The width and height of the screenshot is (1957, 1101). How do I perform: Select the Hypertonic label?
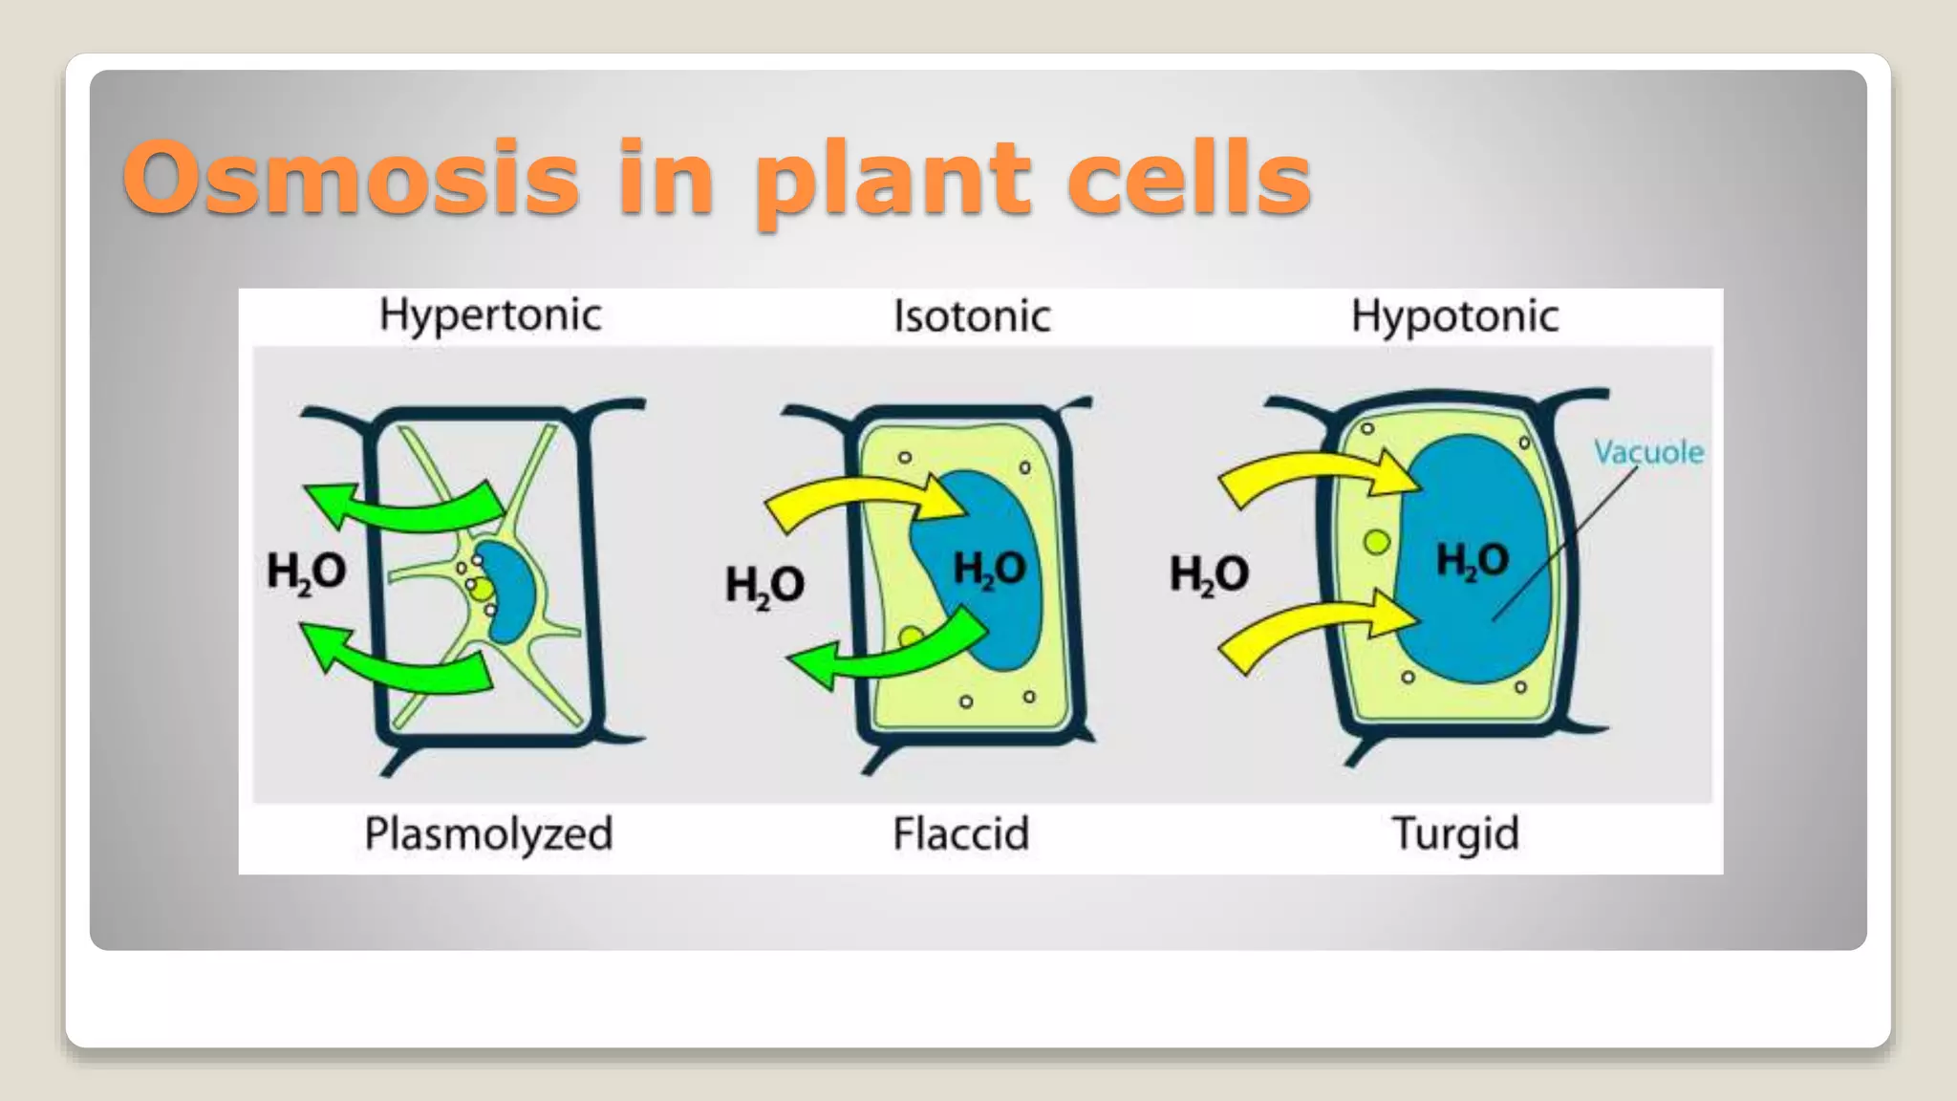tap(490, 315)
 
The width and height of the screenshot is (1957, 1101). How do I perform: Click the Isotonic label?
tap(972, 316)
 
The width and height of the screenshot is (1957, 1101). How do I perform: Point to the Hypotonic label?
tap(1454, 316)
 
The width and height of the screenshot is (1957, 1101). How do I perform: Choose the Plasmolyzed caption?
tap(488, 833)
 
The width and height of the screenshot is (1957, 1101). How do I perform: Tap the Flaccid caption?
tap(961, 833)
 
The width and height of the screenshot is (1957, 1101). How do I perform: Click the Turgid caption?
tap(1455, 833)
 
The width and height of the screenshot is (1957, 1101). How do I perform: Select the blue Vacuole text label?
tap(1648, 452)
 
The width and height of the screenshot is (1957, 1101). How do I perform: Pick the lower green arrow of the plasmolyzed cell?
tap(401, 661)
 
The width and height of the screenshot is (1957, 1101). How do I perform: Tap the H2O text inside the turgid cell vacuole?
tap(1473, 561)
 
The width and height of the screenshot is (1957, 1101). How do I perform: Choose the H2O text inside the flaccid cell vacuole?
tap(990, 570)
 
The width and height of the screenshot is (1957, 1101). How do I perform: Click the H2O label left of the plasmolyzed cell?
tap(306, 572)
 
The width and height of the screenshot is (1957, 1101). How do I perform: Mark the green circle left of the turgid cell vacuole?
tap(1377, 542)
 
